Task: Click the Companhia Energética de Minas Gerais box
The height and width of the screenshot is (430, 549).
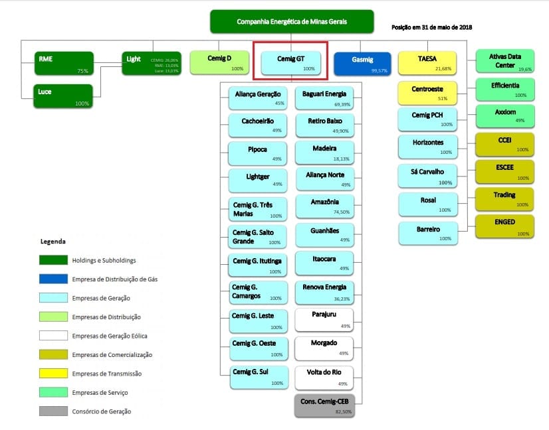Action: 292,22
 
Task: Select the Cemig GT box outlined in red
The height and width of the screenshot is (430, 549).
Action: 290,62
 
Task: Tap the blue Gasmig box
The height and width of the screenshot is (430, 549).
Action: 363,62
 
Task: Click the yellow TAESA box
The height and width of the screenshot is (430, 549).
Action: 427,62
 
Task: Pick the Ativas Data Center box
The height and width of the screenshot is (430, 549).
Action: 506,62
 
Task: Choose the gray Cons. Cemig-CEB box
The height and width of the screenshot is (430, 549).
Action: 324,405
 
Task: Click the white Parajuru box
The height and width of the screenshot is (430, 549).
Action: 324,319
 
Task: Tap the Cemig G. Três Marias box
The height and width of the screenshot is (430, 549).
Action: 257,208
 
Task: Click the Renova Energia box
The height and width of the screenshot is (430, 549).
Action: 324,291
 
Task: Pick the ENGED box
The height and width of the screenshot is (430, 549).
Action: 506,226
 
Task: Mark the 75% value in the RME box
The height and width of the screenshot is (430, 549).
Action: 82,71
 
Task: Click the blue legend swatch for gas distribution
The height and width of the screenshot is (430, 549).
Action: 58,279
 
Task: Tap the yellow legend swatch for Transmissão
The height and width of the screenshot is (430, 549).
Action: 58,374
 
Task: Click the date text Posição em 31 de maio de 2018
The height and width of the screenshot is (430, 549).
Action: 432,27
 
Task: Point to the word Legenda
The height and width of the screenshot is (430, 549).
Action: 54,242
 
